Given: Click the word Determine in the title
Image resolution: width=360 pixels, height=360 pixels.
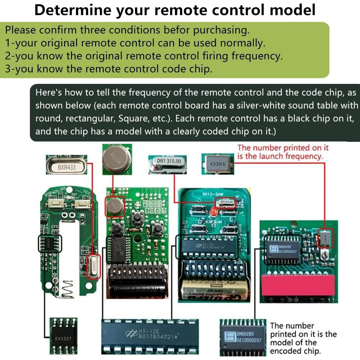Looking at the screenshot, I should [x=72, y=10].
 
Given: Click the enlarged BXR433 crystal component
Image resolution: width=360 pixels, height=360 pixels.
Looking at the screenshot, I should [x=66, y=167].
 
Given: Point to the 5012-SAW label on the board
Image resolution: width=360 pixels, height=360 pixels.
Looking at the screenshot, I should [x=213, y=194].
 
